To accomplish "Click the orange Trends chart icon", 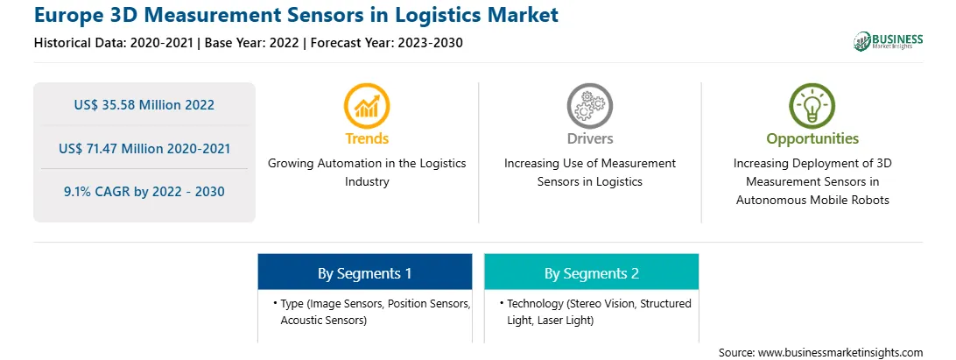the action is [x=367, y=105].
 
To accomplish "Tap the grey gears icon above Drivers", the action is [x=589, y=105].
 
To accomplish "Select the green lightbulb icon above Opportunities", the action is [x=812, y=105].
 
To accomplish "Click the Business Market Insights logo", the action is [x=889, y=41].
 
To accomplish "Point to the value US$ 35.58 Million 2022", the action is [x=144, y=105].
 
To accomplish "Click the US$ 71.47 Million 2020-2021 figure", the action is [x=144, y=148].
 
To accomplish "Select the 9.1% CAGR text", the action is [x=144, y=192].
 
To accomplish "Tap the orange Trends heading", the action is [x=367, y=138].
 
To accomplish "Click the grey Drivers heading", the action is [x=590, y=138].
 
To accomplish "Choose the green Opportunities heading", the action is [x=812, y=138].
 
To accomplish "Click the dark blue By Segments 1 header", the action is [x=364, y=272].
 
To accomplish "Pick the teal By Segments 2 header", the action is [x=592, y=272].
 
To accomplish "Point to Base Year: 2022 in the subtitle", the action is [x=252, y=43].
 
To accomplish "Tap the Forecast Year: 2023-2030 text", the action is [x=383, y=43].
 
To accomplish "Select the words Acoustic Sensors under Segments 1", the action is [x=323, y=320].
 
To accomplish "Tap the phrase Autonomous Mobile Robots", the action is [x=812, y=200].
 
